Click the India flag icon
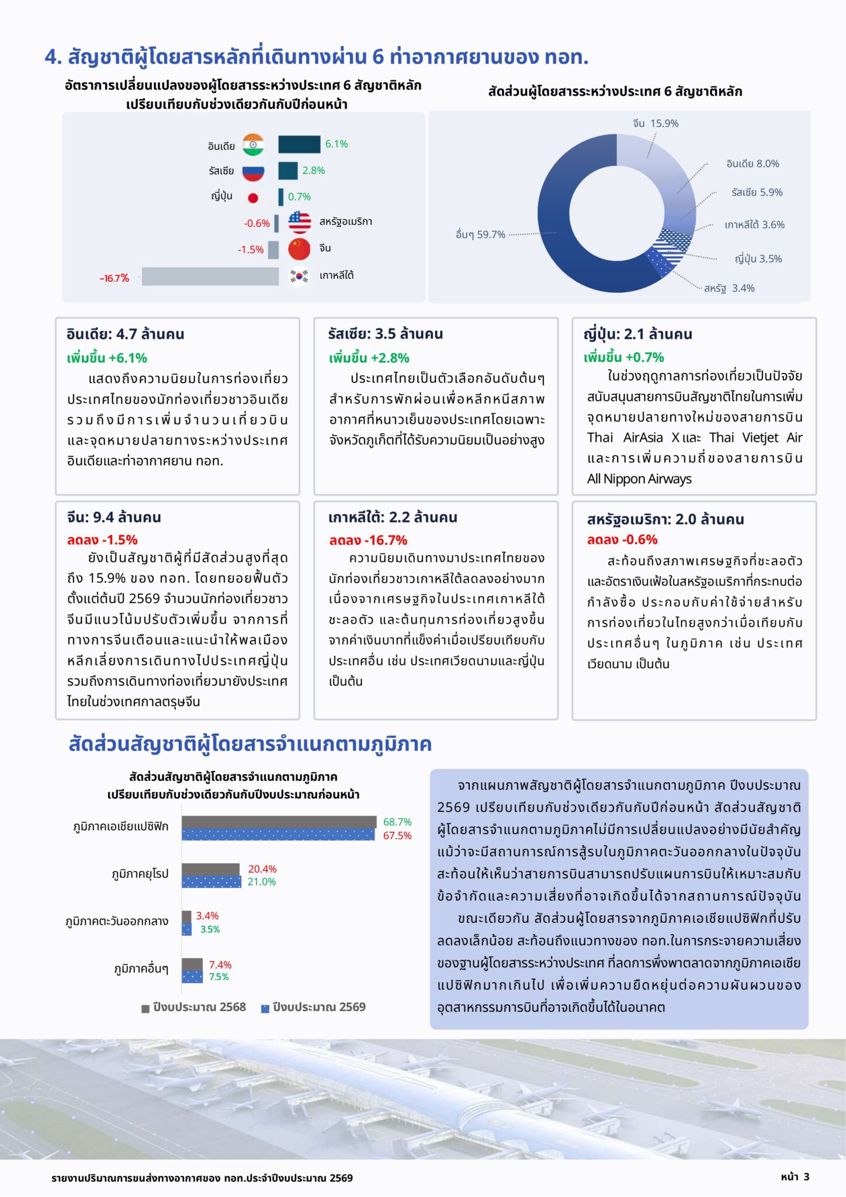253,145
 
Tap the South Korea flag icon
299,275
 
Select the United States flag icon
299,222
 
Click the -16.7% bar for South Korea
210,276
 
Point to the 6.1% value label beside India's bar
337,144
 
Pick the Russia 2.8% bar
288,171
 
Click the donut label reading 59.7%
480,234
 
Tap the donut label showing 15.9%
656,123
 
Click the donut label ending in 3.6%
754,224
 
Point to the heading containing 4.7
126,334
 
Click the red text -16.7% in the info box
368,540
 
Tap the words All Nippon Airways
639,479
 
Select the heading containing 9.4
114,517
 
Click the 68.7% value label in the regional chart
397,822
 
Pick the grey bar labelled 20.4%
211,869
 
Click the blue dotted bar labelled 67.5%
278,835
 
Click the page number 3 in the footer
806,1177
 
